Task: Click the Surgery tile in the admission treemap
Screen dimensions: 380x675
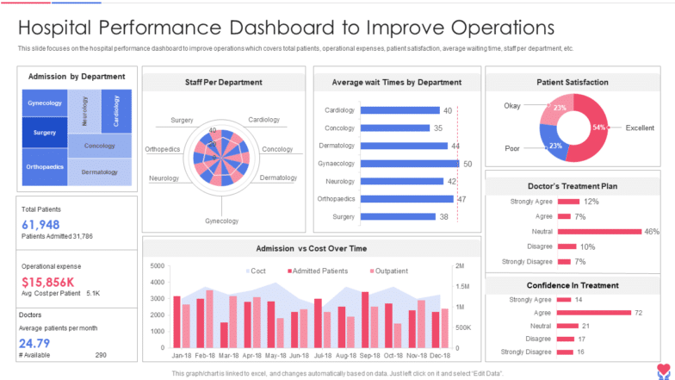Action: (x=45, y=133)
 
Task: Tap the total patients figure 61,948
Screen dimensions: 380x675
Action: (x=40, y=224)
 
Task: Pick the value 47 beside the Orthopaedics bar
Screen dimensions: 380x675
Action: (x=461, y=199)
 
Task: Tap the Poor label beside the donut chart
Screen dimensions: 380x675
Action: (x=512, y=148)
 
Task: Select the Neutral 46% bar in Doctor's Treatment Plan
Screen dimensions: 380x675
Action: (x=600, y=231)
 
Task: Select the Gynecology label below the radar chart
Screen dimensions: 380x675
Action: (x=221, y=221)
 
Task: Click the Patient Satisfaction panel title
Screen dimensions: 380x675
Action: (x=573, y=82)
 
